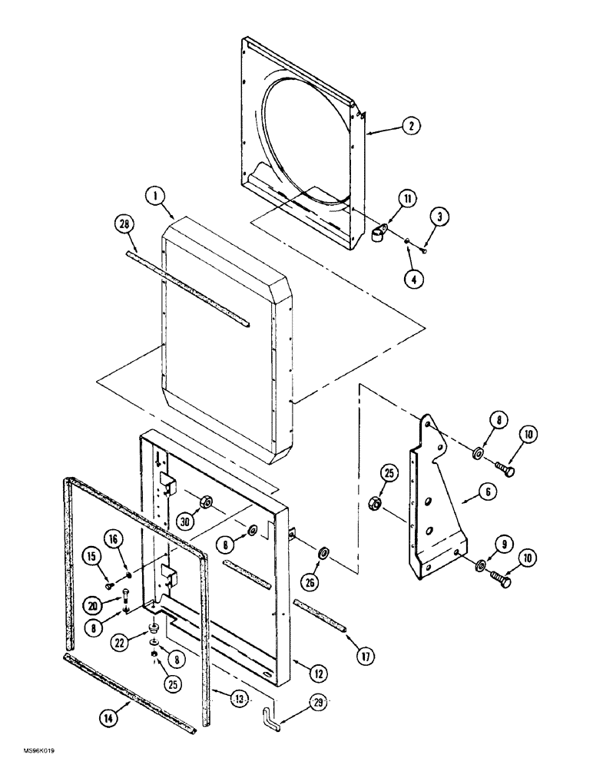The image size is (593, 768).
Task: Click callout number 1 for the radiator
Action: click(157, 197)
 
